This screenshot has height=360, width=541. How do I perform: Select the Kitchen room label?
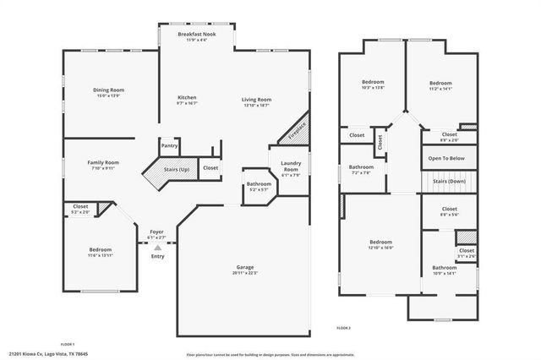[187, 97]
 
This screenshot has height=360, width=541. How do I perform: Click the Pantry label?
[170, 145]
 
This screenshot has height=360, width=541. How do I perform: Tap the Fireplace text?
[297, 129]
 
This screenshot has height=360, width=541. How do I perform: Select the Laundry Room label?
[290, 166]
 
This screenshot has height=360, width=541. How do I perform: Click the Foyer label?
[156, 232]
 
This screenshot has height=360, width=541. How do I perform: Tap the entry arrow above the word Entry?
[156, 247]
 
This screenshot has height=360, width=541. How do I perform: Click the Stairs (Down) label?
[449, 181]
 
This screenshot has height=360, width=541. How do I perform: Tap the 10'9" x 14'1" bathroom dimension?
[444, 273]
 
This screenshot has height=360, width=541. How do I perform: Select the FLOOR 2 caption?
[343, 327]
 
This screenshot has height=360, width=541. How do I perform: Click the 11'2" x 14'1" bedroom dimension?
[441, 87]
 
